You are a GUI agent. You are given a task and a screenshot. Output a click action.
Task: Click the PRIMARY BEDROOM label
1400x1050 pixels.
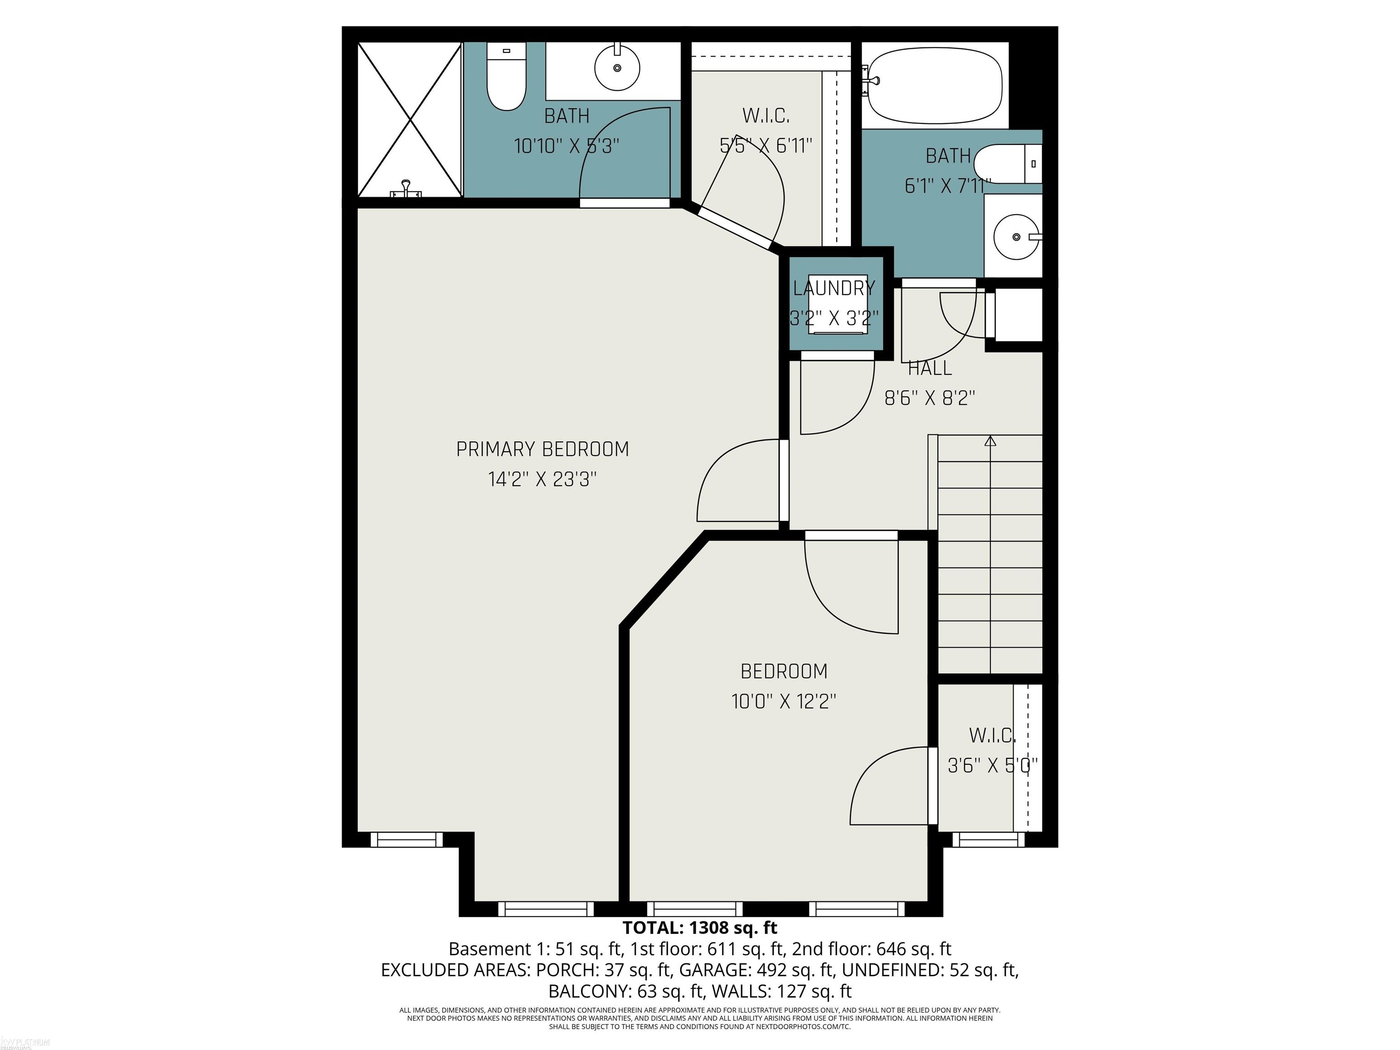tap(542, 449)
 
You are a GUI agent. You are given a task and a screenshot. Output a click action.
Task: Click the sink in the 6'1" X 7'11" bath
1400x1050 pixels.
tap(1015, 237)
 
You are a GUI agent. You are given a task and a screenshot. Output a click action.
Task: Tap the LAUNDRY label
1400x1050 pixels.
tap(834, 288)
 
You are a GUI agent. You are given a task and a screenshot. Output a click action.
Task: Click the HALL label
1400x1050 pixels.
tap(929, 368)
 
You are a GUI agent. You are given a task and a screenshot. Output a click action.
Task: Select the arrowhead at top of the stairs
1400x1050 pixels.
tap(990, 441)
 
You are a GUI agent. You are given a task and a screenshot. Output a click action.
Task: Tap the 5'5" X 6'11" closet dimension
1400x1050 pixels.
tap(766, 146)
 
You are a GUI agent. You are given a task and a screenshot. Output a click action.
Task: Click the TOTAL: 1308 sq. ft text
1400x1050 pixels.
tap(700, 928)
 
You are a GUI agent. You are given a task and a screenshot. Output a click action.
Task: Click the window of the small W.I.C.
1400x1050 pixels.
tap(988, 840)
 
